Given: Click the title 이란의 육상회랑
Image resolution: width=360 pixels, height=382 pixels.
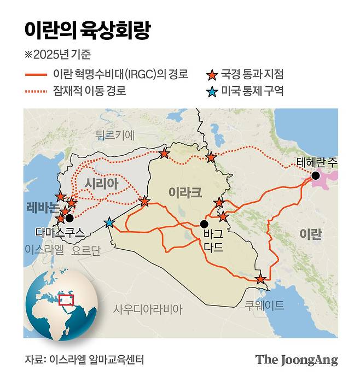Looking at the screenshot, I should coord(87,31).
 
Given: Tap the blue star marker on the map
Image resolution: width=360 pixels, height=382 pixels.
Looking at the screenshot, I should coord(110,222).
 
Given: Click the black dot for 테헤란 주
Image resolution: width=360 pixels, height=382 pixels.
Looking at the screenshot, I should coord(316,175).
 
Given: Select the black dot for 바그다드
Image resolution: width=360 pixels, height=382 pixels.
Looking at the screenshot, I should coord(204,224).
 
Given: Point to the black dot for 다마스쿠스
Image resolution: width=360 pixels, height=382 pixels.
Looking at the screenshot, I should coord(69,218).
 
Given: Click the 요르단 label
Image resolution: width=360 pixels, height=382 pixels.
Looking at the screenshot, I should coord(86,250).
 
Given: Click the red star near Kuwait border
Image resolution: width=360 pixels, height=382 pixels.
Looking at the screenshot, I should coord(261,279).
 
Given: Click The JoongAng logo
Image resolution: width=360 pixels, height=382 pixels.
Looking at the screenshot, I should coord(296,360).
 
